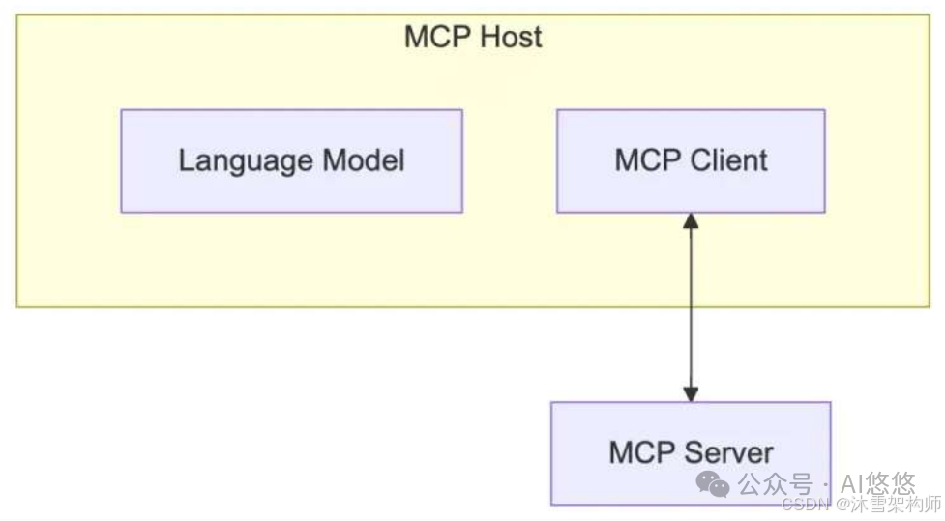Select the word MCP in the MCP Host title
point(436,38)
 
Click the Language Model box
point(291,160)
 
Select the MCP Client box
point(691,160)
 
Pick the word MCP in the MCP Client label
point(646,160)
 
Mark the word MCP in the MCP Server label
point(641,451)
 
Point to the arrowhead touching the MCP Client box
point(691,221)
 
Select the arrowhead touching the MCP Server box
point(691,393)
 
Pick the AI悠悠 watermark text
point(878,482)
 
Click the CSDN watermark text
point(802,505)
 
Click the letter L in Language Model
point(186,160)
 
